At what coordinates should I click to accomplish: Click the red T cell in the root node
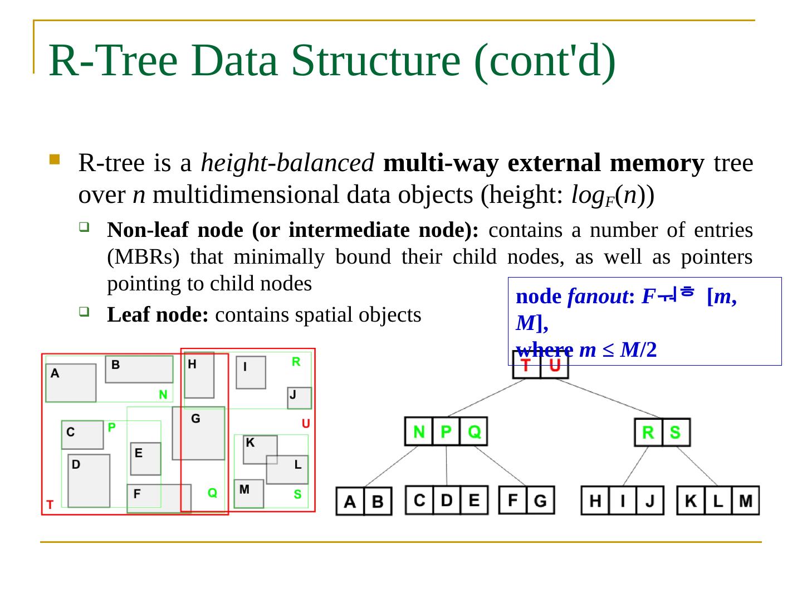click(526, 367)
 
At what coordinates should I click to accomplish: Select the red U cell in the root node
click(555, 367)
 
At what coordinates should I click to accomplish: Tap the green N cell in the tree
click(419, 432)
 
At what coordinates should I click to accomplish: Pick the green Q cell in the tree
click(474, 432)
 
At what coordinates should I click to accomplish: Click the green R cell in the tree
click(648, 433)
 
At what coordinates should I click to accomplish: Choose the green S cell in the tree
click(676, 433)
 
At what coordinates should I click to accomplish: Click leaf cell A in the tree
click(350, 501)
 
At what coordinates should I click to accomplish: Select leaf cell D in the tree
click(447, 500)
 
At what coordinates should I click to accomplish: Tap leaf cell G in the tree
click(540, 500)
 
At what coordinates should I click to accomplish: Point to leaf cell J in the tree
click(649, 501)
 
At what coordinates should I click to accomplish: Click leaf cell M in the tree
click(746, 501)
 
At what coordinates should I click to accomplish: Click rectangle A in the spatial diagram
click(71, 383)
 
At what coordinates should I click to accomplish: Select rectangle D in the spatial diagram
click(89, 480)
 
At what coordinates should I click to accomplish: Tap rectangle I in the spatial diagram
click(251, 372)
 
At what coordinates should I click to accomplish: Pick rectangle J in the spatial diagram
click(299, 397)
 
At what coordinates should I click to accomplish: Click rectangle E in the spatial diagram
click(145, 459)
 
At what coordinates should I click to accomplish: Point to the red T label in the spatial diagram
click(50, 505)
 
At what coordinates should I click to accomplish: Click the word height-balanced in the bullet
click(287, 163)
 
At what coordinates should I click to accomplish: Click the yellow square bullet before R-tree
click(54, 160)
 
